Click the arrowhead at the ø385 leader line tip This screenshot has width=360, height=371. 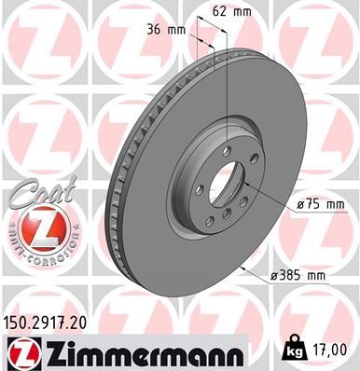(242, 268)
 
